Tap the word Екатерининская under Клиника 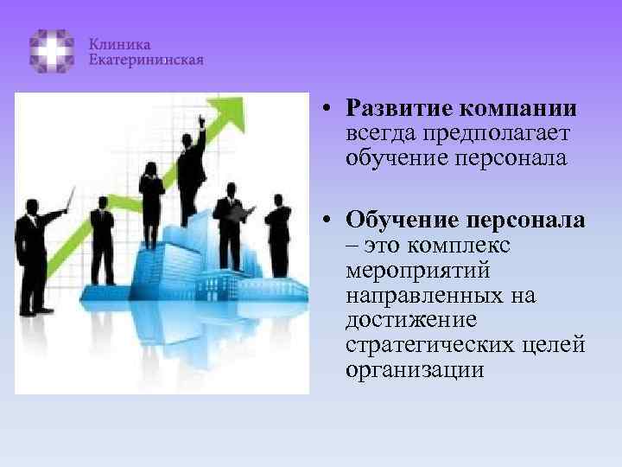(x=146, y=60)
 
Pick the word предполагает (x=493, y=134)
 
